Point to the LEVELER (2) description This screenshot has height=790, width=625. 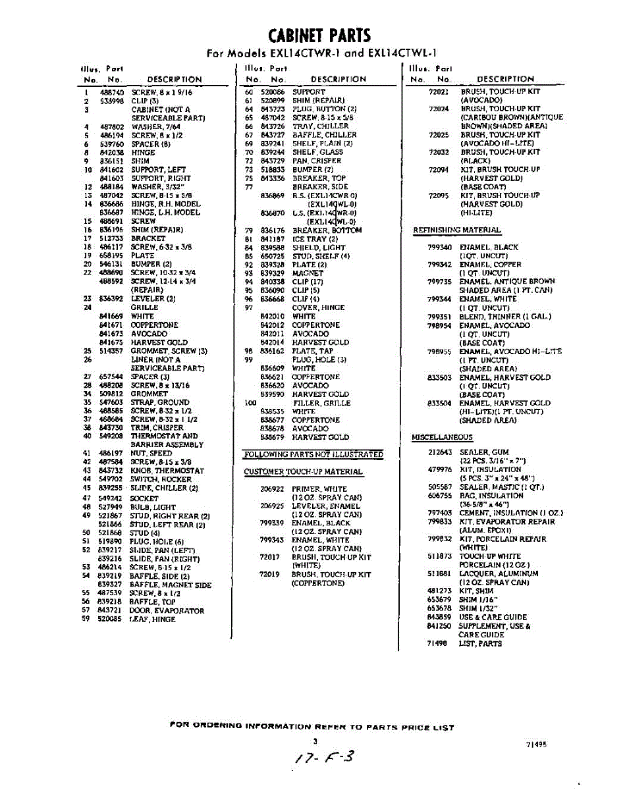(x=153, y=298)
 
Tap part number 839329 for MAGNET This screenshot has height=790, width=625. (x=272, y=273)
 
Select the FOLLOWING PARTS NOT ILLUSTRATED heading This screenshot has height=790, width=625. (x=313, y=455)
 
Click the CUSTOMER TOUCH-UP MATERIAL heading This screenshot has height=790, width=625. (x=303, y=472)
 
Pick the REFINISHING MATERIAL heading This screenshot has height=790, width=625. (x=456, y=230)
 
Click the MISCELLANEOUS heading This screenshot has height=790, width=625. (x=442, y=437)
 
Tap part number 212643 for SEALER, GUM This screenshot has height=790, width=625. (x=439, y=452)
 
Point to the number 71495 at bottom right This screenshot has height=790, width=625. (x=536, y=745)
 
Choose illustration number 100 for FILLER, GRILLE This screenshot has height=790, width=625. (x=250, y=402)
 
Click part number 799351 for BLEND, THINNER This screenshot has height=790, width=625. (x=439, y=316)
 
